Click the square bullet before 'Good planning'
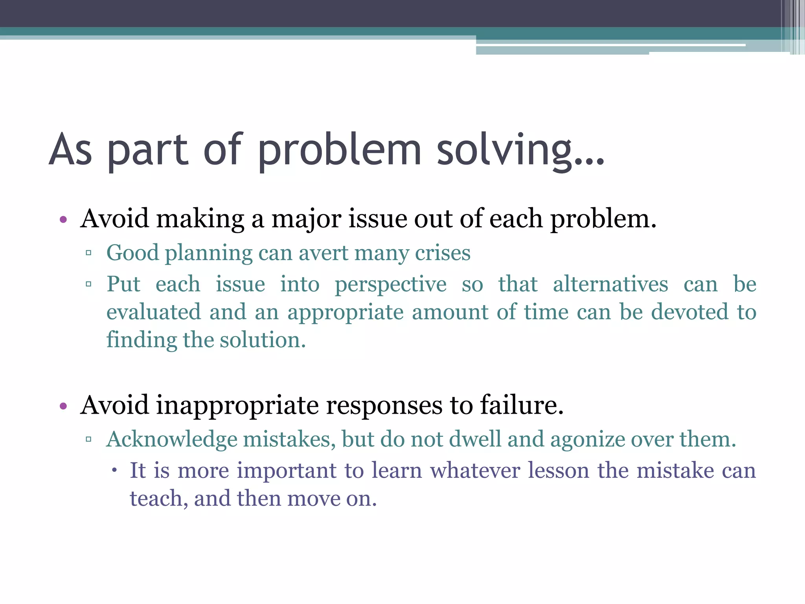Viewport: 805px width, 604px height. tap(88, 253)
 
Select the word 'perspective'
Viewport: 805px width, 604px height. tap(390, 285)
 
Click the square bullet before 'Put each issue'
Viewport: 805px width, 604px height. tap(88, 284)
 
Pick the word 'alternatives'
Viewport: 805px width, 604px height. tap(610, 284)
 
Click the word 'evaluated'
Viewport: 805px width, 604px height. tap(154, 312)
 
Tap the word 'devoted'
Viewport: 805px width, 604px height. tap(689, 312)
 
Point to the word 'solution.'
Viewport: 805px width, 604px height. tap(262, 340)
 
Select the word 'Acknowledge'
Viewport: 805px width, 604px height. tap(172, 439)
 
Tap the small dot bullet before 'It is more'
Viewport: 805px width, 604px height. tap(114, 470)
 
